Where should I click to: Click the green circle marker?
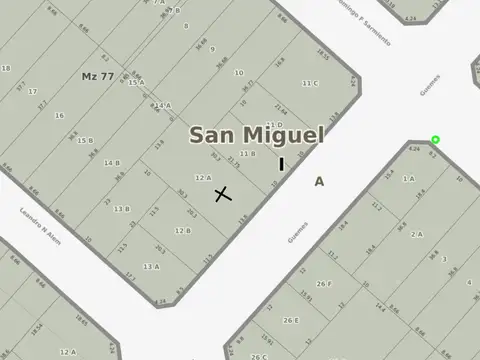pos(435,140)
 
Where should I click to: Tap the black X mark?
pos(223,193)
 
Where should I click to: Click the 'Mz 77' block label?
pos(97,76)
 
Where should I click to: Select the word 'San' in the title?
pos(214,135)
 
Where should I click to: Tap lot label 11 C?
pos(310,83)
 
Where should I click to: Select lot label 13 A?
pos(151,266)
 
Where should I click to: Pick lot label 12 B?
pos(182,230)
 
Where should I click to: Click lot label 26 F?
pos(324,283)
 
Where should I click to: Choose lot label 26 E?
pos(290,320)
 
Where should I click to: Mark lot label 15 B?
pos(85,141)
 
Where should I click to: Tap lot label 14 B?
pos(112,162)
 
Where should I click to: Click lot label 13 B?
pos(121,209)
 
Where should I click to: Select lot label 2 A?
pos(416,233)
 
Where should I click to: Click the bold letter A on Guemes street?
pos(319,182)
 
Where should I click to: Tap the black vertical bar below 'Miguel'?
pos(281,163)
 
